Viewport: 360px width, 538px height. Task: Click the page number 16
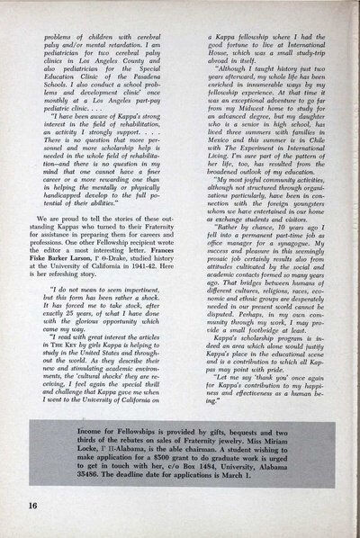pos(20,519)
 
